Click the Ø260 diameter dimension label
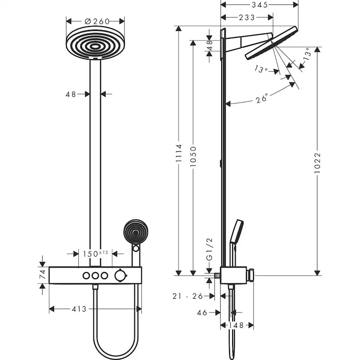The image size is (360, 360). click(x=96, y=21)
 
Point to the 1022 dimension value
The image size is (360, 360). click(x=317, y=162)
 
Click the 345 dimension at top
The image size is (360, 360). click(x=260, y=4)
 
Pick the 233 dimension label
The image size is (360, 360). click(x=247, y=17)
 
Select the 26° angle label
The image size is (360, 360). click(x=262, y=99)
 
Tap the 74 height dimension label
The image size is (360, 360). click(x=42, y=274)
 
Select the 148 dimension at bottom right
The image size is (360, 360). click(x=237, y=325)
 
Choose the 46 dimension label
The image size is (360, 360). click(x=202, y=312)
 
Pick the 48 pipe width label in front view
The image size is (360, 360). click(x=71, y=93)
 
